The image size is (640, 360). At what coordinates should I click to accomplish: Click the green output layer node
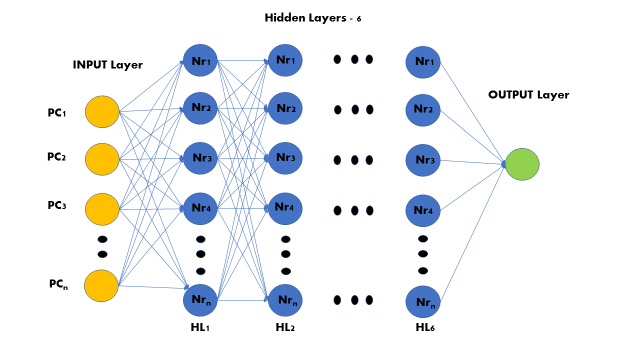coord(522,164)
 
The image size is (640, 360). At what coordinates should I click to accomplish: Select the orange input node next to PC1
coord(102,111)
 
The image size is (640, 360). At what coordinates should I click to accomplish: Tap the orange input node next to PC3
coord(102,209)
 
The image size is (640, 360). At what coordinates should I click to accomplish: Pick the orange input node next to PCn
coord(101,285)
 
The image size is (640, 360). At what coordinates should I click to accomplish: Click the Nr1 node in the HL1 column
coord(200,60)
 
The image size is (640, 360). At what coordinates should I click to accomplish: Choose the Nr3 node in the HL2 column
coord(285,158)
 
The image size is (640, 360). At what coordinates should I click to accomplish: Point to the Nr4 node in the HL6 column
coord(423,211)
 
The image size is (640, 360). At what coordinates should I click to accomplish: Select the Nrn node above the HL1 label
coord(200,300)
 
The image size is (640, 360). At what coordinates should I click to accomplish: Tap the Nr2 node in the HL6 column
coord(423,110)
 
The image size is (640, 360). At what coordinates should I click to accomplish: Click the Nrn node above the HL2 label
coord(285,300)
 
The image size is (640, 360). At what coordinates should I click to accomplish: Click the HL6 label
coord(425,327)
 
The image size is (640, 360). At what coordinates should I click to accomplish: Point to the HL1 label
coord(200,327)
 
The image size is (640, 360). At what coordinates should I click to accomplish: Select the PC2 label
coord(56,157)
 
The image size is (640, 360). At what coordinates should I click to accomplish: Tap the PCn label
coord(58,284)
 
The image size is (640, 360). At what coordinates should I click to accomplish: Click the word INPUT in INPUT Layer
coord(90,65)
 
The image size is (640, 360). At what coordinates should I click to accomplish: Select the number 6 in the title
coord(359,19)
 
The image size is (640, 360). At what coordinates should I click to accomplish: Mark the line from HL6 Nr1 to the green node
coord(472,113)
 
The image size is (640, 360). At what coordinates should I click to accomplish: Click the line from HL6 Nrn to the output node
coord(472,233)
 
